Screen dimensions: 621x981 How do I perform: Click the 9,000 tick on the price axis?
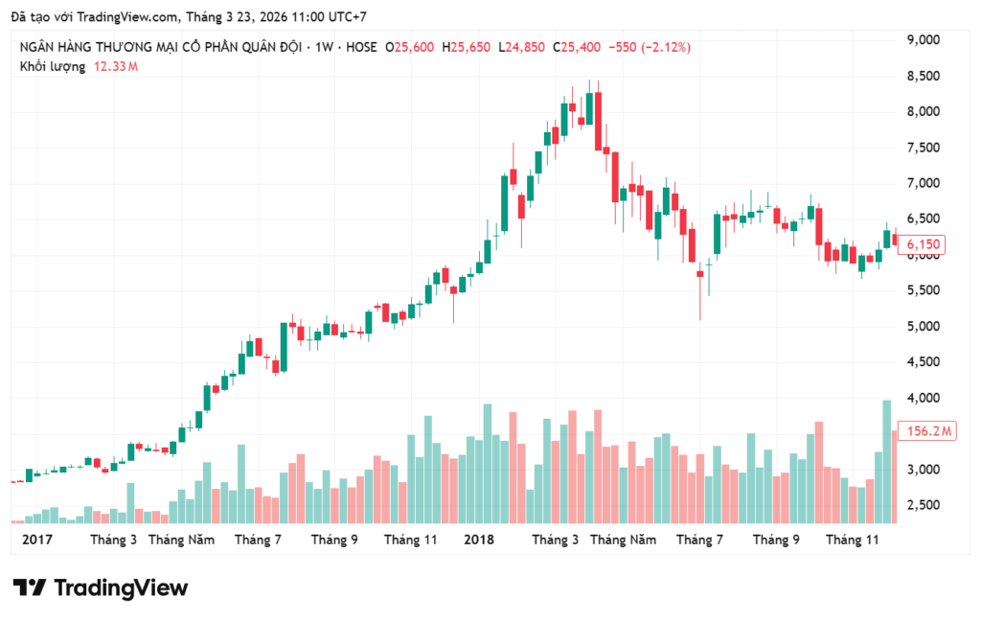[925, 39]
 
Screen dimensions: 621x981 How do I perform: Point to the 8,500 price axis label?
[925, 76]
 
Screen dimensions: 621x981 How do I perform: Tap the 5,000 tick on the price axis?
[925, 327]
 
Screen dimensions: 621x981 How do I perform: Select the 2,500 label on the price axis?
[925, 505]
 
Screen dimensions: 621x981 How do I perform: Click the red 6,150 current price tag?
[926, 245]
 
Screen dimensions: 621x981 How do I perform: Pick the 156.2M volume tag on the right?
[929, 431]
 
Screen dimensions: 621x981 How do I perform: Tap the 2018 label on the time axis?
[479, 540]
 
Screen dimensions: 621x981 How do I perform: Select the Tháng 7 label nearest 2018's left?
[258, 540]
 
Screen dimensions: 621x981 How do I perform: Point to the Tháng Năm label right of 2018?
[623, 540]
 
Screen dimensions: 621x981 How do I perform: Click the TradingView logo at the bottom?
[101, 587]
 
